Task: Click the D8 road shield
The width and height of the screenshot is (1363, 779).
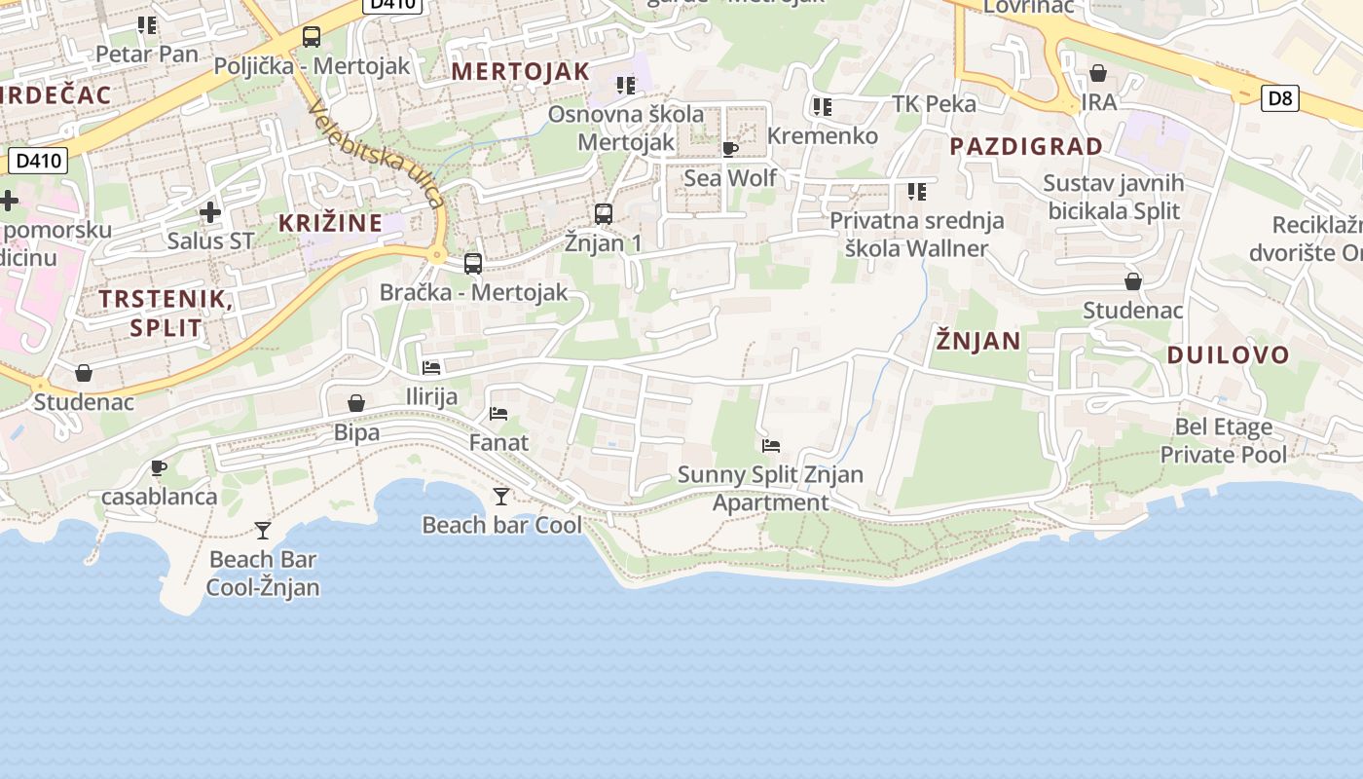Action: pyautogui.click(x=1280, y=97)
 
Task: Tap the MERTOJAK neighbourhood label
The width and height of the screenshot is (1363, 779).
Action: pyautogui.click(x=521, y=71)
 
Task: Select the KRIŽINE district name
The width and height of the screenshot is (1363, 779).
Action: pyautogui.click(x=331, y=223)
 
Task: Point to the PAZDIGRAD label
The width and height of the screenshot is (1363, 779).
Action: pyautogui.click(x=1026, y=147)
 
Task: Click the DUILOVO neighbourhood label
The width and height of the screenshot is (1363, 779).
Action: pyautogui.click(x=1229, y=354)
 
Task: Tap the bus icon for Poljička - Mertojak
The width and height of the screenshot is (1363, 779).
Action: pyautogui.click(x=312, y=37)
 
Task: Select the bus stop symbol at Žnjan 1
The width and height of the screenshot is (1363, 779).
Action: pyautogui.click(x=604, y=213)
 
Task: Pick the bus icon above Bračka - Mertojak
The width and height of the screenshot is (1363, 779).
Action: pyautogui.click(x=473, y=263)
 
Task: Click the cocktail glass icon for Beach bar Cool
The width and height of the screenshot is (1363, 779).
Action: pyautogui.click(x=501, y=497)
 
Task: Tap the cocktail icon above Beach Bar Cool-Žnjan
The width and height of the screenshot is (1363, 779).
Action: pyautogui.click(x=263, y=531)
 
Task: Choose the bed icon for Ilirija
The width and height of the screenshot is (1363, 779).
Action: pyautogui.click(x=431, y=368)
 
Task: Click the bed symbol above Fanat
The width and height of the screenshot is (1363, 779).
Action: pyautogui.click(x=498, y=414)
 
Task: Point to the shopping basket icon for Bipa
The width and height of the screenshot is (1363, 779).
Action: pyautogui.click(x=356, y=403)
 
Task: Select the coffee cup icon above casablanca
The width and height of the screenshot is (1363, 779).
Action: pyautogui.click(x=159, y=467)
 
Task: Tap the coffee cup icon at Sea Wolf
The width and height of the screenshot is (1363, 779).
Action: pyautogui.click(x=730, y=149)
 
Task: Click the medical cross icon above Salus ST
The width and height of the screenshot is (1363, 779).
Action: pyautogui.click(x=209, y=211)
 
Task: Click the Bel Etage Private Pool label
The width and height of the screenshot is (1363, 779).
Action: pyautogui.click(x=1224, y=441)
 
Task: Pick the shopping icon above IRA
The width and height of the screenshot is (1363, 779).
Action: pyautogui.click(x=1098, y=73)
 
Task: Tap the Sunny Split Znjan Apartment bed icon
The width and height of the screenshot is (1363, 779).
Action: pyautogui.click(x=771, y=446)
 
